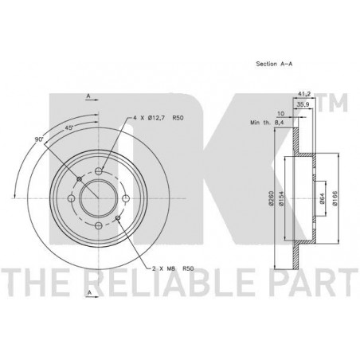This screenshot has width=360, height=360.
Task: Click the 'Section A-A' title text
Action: click(x=274, y=64)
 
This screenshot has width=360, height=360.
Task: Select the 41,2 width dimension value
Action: click(x=304, y=94)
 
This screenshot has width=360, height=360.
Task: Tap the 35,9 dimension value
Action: click(x=303, y=104)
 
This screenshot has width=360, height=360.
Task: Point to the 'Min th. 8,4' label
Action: click(x=268, y=123)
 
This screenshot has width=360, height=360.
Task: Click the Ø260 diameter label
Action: click(x=271, y=198)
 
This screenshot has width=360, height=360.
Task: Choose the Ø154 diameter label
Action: click(x=282, y=198)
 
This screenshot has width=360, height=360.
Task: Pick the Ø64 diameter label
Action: click(x=322, y=198)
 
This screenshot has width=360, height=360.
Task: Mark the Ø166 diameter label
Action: click(x=335, y=198)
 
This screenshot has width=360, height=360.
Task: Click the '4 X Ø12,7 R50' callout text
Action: click(x=158, y=118)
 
